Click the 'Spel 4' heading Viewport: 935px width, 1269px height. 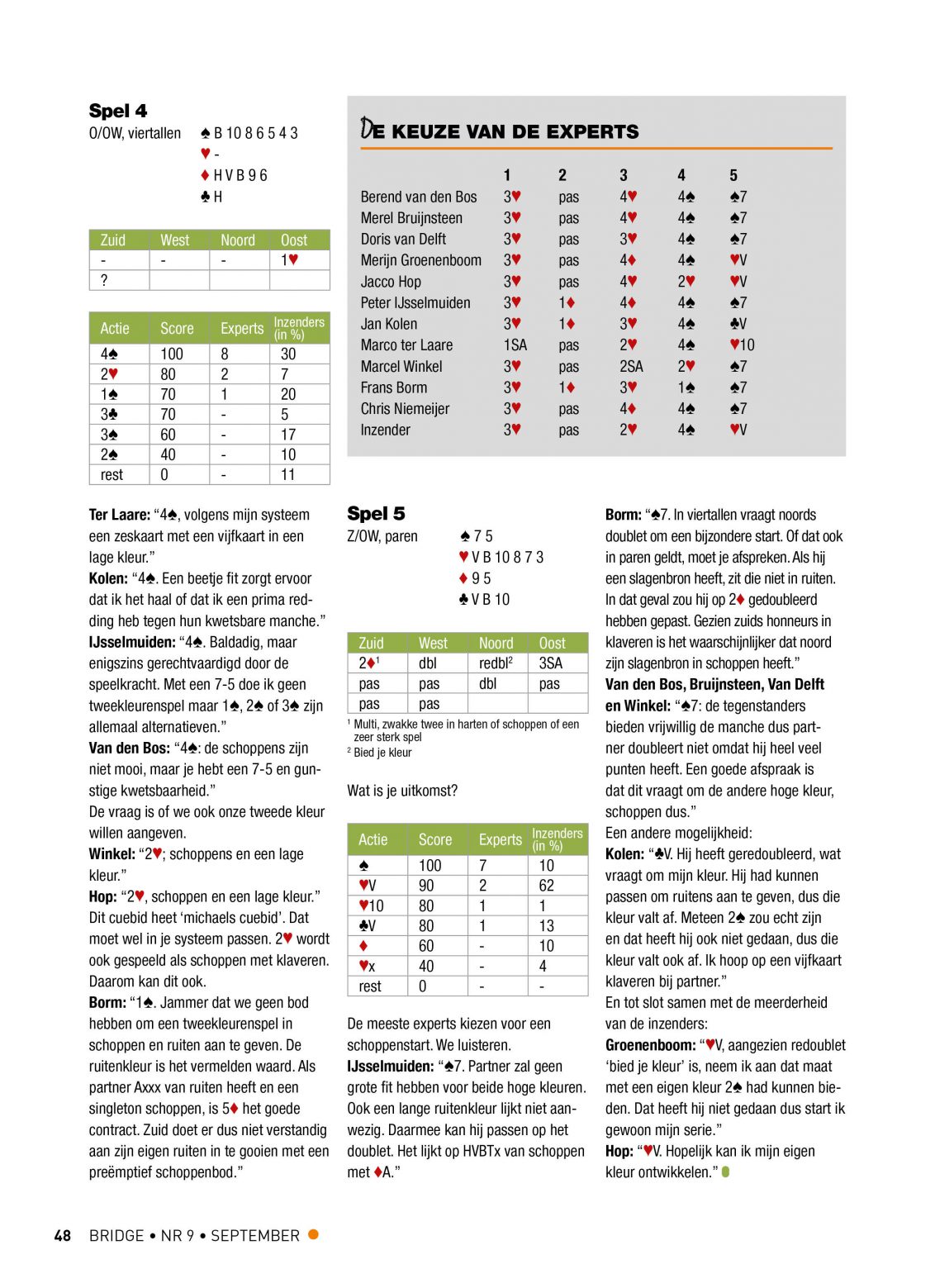click(118, 111)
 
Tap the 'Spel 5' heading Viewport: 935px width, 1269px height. click(376, 514)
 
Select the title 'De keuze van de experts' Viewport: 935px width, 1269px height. click(500, 131)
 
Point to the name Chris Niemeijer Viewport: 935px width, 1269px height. click(405, 409)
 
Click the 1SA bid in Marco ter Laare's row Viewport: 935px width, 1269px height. click(515, 345)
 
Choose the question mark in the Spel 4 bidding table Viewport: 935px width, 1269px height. click(104, 280)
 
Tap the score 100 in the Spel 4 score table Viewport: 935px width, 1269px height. click(172, 354)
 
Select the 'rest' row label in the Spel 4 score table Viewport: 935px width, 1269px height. click(112, 475)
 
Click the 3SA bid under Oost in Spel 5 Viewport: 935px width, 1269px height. click(550, 663)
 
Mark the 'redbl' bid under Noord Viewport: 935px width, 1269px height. click(496, 663)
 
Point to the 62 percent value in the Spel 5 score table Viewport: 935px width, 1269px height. click(546, 886)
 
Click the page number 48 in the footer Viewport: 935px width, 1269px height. click(63, 1236)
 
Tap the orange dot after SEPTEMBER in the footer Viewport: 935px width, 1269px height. click(313, 1234)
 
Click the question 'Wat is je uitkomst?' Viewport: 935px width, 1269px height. click(402, 791)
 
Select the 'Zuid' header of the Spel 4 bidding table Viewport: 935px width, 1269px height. click(113, 240)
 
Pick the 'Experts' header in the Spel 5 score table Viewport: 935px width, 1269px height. click(500, 839)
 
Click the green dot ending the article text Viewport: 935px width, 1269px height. click(726, 1172)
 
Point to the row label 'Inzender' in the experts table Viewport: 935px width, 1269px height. click(385, 430)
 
